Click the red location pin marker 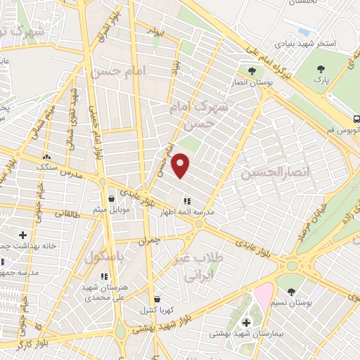181,165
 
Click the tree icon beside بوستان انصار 251,70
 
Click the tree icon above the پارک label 321,69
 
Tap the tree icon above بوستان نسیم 291,291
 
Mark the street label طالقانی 67,212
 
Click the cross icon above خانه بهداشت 23,234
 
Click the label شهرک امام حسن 200,115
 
